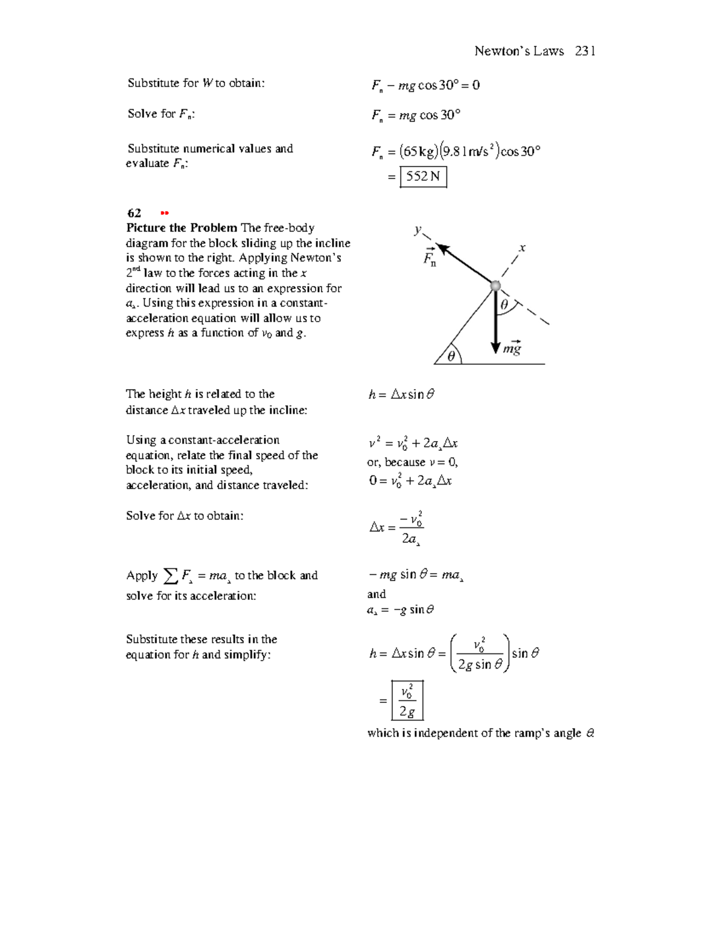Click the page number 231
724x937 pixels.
click(585, 51)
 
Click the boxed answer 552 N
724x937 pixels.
click(424, 177)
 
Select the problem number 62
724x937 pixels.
click(134, 213)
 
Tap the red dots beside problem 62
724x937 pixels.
click(165, 213)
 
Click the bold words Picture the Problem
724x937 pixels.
click(182, 228)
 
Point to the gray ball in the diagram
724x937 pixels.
click(495, 285)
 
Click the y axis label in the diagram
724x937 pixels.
click(417, 229)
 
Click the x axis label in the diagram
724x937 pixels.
click(522, 247)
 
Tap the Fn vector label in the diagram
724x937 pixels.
click(430, 257)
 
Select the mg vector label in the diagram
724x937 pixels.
click(512, 348)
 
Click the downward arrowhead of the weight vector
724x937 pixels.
click(495, 346)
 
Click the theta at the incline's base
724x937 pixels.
click(451, 357)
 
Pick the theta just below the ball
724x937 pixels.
click(504, 305)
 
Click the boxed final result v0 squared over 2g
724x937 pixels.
click(407, 700)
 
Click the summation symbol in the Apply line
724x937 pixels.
click(171, 576)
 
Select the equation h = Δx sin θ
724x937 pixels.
click(401, 395)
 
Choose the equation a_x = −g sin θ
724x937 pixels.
click(401, 610)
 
